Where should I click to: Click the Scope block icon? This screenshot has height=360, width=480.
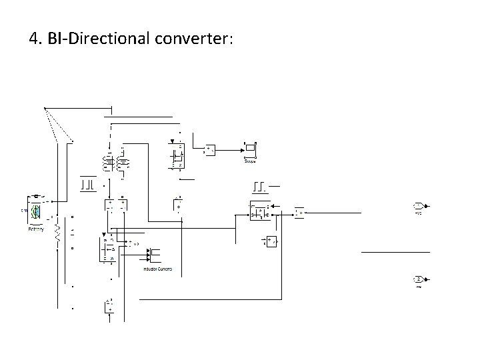[x=251, y=149]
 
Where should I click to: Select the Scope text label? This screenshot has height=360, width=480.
[x=251, y=161]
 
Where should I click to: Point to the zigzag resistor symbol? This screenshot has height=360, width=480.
[x=57, y=233]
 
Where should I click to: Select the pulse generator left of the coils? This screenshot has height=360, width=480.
[x=87, y=182]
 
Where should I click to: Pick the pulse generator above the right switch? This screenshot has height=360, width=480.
[x=260, y=185]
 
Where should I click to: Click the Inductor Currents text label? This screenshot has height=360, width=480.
[x=157, y=269]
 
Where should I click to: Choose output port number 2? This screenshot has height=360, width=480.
[x=418, y=279]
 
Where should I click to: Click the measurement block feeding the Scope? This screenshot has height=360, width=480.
[x=210, y=149]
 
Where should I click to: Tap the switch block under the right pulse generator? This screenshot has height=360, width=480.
[x=258, y=211]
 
